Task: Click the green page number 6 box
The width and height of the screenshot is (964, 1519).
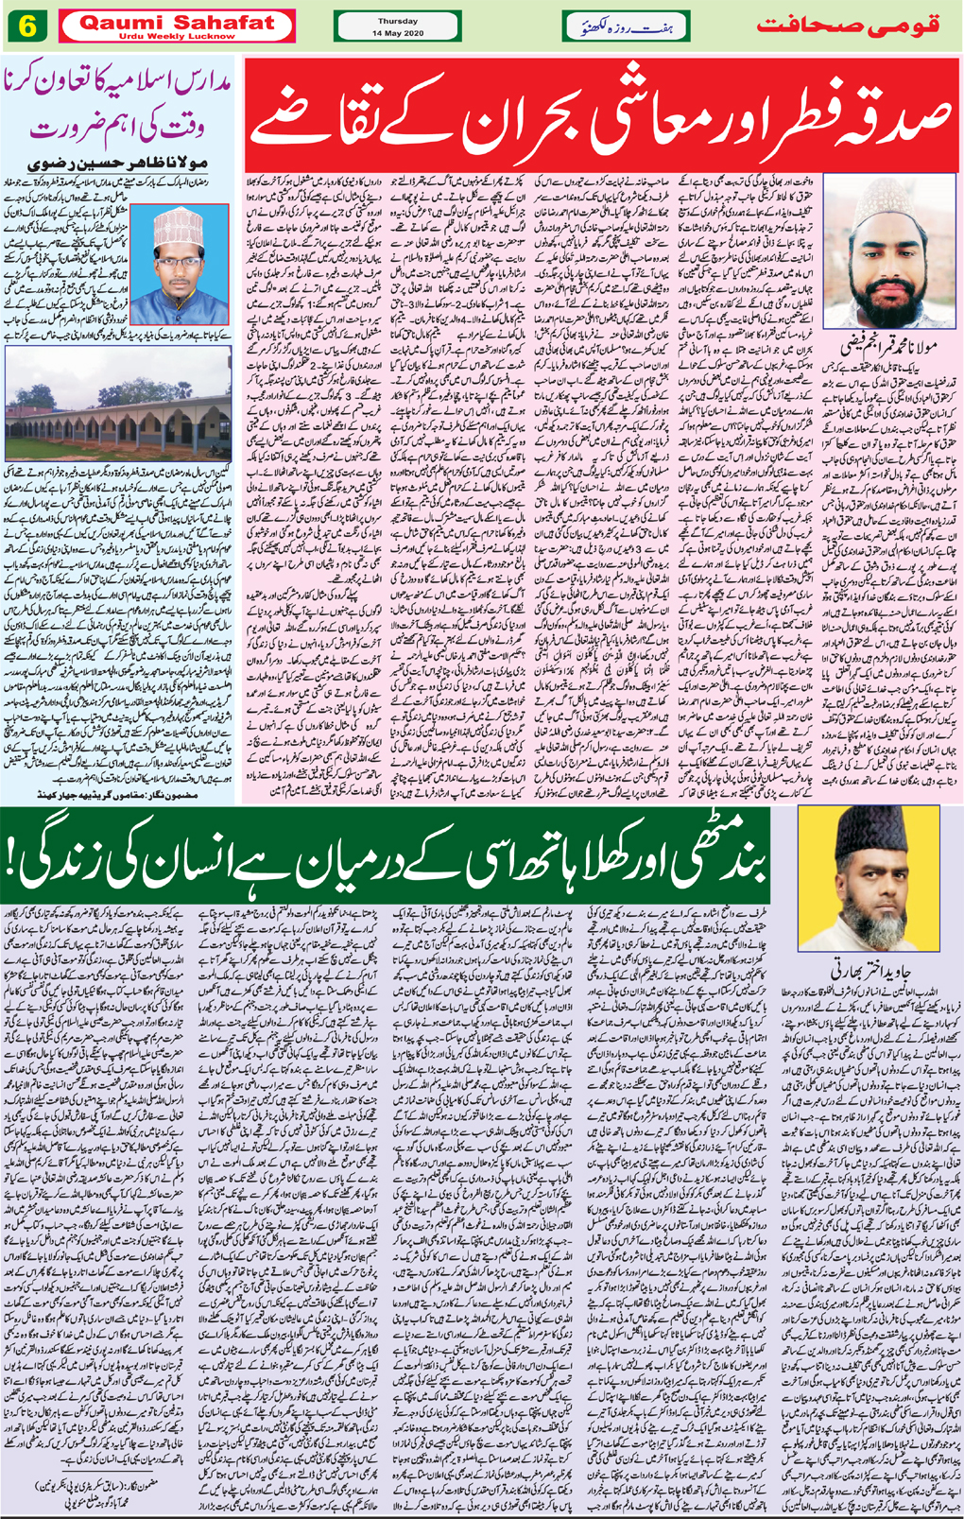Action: [x=28, y=26]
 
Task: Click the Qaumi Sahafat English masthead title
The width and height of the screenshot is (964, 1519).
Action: [x=178, y=22]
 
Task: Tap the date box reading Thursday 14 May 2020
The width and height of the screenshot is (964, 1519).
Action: [x=397, y=26]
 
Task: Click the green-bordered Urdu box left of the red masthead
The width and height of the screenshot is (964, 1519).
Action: [x=625, y=26]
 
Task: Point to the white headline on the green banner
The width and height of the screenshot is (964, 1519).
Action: [x=397, y=856]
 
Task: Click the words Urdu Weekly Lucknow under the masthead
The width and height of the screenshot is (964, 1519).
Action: [x=178, y=36]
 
